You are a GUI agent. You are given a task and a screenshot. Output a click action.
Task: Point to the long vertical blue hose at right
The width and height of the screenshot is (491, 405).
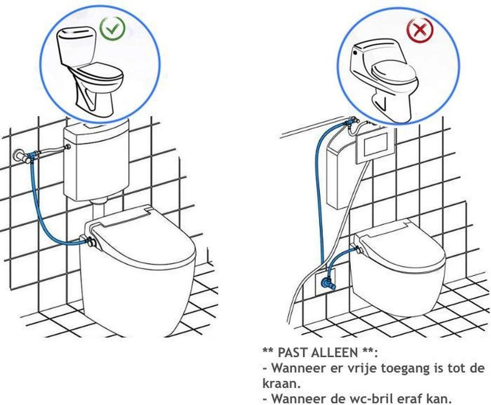[x=319, y=196]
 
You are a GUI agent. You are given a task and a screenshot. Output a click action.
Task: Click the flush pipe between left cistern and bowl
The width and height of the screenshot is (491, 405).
[x=98, y=213]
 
